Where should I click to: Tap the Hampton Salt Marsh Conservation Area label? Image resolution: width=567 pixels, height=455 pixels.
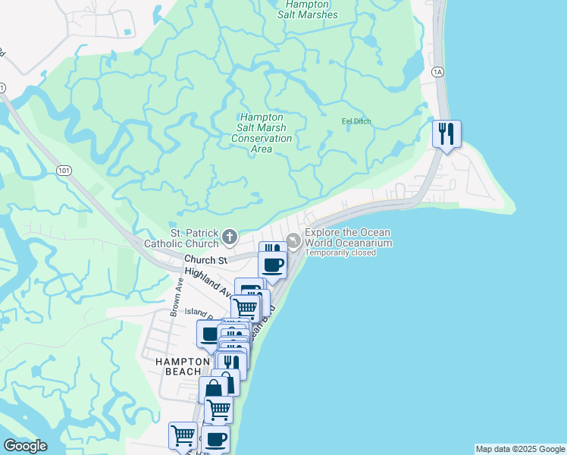click(x=262, y=133)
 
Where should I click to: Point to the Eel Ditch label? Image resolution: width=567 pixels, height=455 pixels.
click(x=356, y=121)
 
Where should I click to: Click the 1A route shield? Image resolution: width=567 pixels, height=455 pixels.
click(x=437, y=71)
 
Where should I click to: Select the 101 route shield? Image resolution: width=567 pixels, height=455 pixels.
click(x=64, y=171)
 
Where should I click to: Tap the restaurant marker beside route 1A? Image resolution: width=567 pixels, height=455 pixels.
click(x=446, y=135)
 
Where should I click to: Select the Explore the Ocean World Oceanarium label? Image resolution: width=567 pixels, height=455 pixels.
click(x=348, y=237)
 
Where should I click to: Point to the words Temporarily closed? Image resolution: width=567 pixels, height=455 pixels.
click(x=340, y=253)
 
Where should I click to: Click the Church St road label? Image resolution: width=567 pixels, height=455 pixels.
click(x=205, y=260)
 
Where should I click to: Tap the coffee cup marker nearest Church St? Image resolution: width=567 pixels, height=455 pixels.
click(x=273, y=265)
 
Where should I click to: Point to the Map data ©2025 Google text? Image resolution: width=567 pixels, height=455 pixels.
click(x=520, y=449)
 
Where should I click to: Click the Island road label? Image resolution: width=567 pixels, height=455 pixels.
click(x=196, y=311)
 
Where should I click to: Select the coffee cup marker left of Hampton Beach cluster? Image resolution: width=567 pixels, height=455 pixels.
click(x=210, y=334)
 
